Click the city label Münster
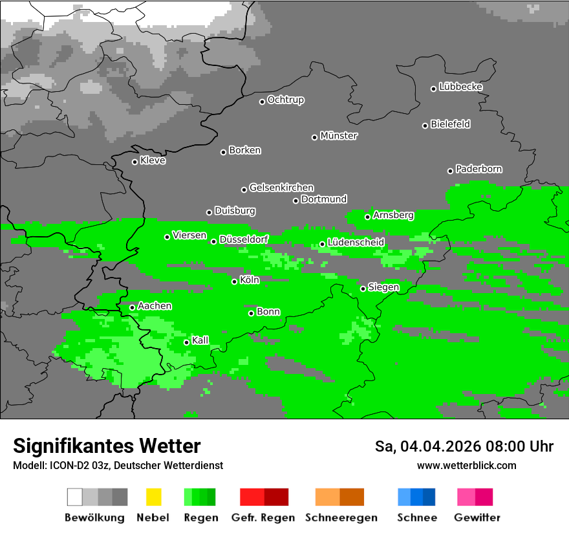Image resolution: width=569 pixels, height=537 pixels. pyautogui.click(x=339, y=136)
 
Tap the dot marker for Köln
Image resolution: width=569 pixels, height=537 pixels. pyautogui.click(x=235, y=281)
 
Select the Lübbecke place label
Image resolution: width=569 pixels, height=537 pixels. pyautogui.click(x=460, y=87)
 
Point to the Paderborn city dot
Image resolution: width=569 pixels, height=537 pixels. pyautogui.click(x=451, y=171)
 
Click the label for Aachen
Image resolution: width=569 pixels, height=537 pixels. pyautogui.click(x=155, y=306)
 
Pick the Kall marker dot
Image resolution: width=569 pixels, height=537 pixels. pyautogui.click(x=187, y=342)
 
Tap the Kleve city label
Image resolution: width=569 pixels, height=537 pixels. pyautogui.click(x=153, y=160)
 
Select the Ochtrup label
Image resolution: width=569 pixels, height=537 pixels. pyautogui.click(x=286, y=100)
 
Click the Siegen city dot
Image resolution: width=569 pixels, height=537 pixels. pyautogui.click(x=363, y=289)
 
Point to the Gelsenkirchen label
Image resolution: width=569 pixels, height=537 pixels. pyautogui.click(x=281, y=188)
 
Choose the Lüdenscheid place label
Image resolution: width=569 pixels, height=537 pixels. pyautogui.click(x=356, y=242)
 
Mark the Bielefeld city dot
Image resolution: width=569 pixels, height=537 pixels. pyautogui.click(x=425, y=126)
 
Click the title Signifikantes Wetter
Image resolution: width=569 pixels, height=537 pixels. pyautogui.click(x=107, y=446)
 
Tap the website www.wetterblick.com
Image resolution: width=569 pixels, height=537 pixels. pyautogui.click(x=467, y=465)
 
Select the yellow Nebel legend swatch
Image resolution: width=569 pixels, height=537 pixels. pyautogui.click(x=154, y=497)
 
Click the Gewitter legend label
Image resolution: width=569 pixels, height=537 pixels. pyautogui.click(x=477, y=518)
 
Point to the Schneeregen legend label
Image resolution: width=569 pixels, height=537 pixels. pyautogui.click(x=340, y=518)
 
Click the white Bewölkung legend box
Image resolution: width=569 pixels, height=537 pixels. pyautogui.click(x=75, y=497)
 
